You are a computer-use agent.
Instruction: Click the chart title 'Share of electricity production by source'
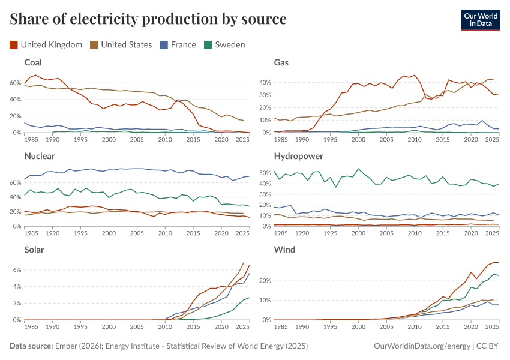pos(148,19)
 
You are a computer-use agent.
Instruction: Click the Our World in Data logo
pos(481,19)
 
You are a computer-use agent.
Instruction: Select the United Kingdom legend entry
pos(46,44)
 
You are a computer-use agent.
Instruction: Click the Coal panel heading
pos(33,62)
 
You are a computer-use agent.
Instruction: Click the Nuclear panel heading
pos(40,156)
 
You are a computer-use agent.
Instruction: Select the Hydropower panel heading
pos(299,156)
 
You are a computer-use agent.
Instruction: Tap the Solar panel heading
pos(34,250)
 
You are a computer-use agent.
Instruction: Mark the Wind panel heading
pos(284,250)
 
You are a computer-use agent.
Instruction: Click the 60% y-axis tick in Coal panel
pos(16,82)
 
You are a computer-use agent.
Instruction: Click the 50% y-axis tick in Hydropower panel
pos(265,173)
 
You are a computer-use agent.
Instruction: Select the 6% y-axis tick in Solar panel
pos(17,270)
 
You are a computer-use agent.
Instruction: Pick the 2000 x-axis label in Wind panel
pos(358,327)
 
